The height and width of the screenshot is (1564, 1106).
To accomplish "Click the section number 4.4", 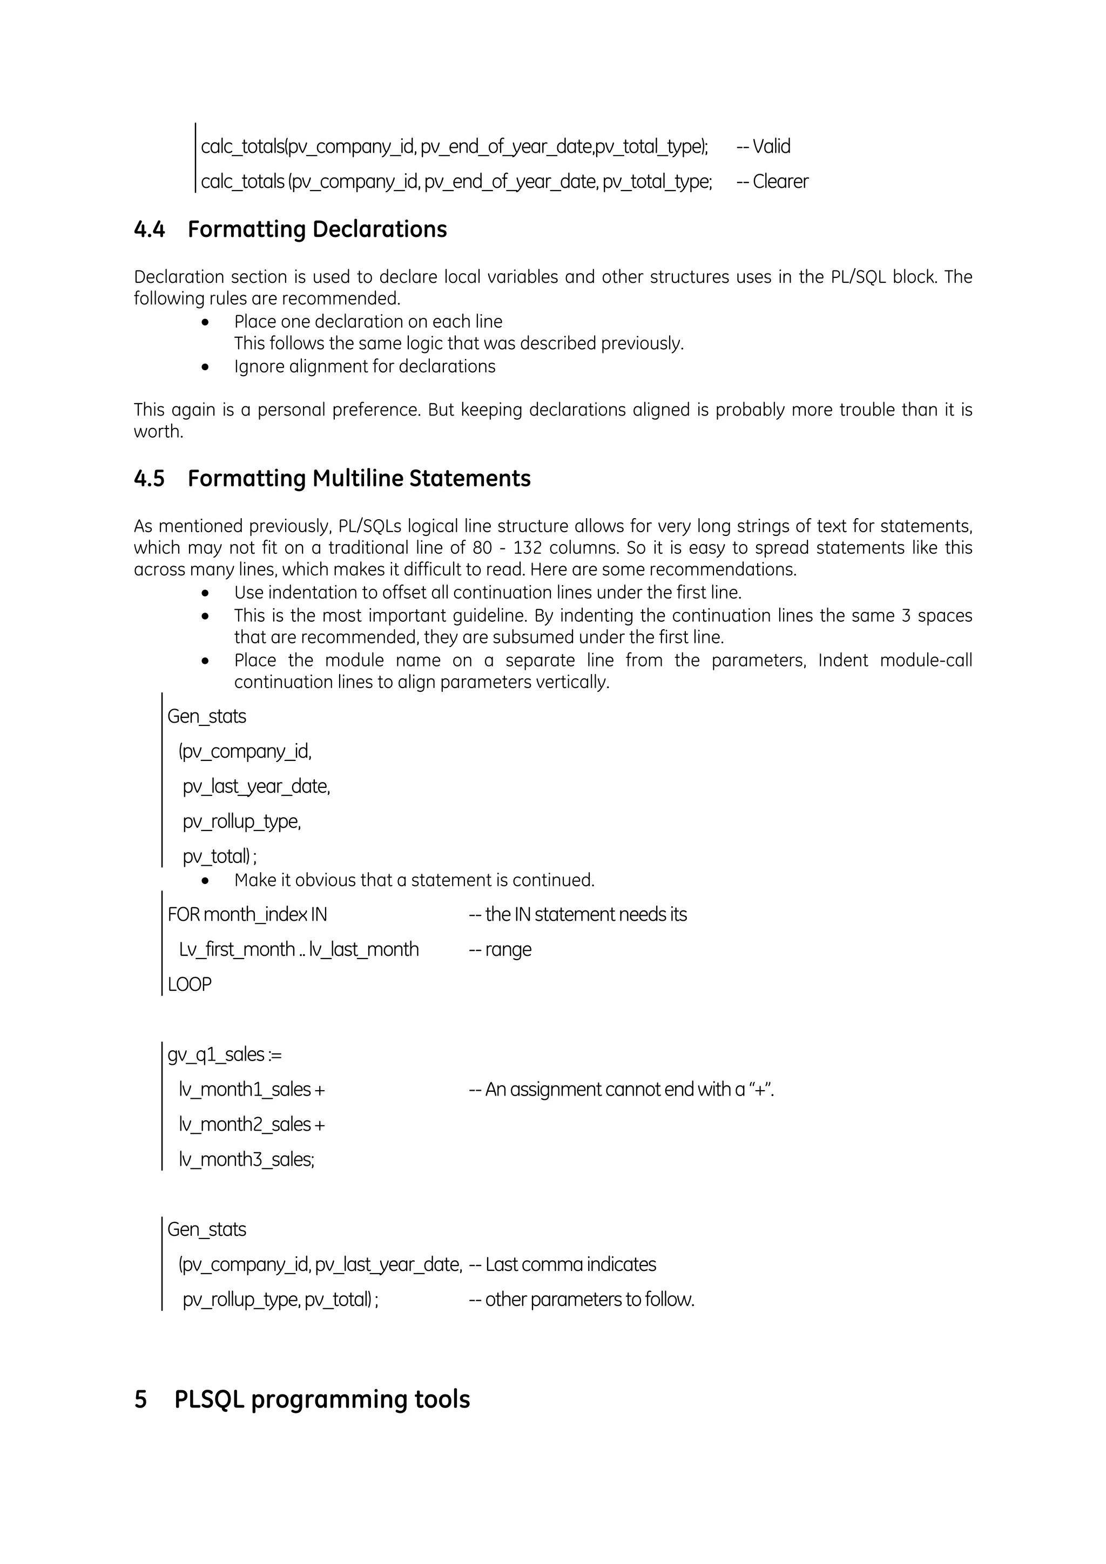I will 149,229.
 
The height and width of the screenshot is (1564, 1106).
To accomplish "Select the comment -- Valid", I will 763,146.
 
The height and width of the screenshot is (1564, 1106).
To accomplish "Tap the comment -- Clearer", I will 772,182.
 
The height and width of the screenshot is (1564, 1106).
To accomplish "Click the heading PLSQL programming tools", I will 322,1399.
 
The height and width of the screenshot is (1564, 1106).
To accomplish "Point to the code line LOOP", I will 190,984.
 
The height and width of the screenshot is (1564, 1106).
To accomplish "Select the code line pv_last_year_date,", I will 256,787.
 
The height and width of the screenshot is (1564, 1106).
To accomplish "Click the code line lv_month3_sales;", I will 247,1159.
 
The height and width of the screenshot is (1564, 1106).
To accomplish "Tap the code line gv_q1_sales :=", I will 224,1055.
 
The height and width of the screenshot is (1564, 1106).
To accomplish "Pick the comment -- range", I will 500,950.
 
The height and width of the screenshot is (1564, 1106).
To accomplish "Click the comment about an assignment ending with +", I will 621,1090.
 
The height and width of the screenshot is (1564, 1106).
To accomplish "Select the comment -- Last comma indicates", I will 562,1265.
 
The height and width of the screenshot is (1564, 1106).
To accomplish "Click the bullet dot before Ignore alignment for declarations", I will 205,367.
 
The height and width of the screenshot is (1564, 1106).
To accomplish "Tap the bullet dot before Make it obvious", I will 205,881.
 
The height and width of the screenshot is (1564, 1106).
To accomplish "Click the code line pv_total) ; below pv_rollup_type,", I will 219,857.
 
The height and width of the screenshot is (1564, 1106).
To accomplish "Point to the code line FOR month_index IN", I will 247,915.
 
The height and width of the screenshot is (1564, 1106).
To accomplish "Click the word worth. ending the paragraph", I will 158,432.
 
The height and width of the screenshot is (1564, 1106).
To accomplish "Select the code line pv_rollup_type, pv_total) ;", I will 280,1300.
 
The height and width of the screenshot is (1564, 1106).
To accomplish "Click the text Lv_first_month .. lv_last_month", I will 299,950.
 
